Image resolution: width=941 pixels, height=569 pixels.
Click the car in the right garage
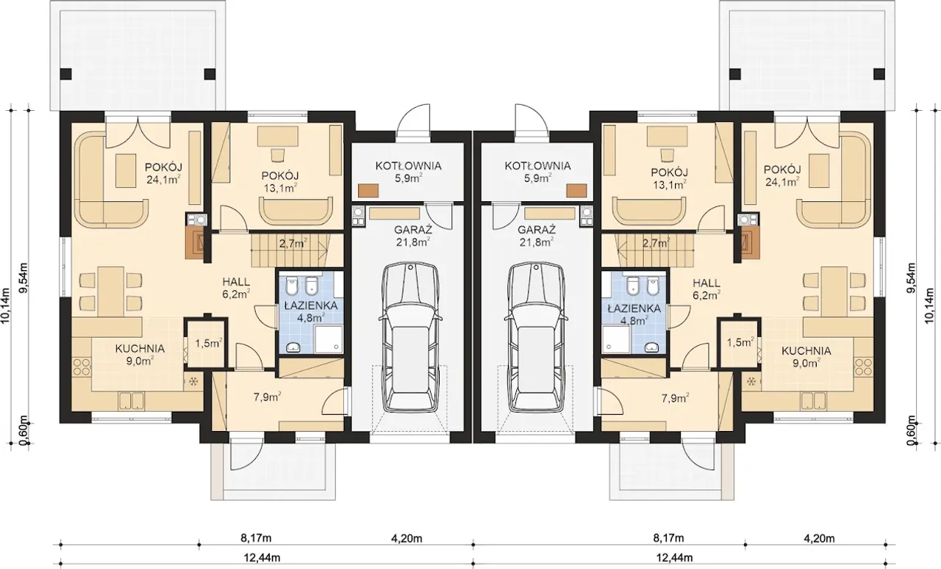(536, 338)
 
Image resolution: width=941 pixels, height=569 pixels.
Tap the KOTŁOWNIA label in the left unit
(408, 166)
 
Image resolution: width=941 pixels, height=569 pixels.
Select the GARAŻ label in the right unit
(537, 230)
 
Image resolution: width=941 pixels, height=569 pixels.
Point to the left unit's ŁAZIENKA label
(311, 306)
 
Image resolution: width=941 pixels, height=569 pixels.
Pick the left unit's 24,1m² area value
(164, 180)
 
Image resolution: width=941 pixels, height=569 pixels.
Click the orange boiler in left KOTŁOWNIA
(368, 191)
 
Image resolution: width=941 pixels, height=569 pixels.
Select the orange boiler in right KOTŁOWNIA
(576, 191)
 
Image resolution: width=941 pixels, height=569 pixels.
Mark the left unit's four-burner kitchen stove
(82, 367)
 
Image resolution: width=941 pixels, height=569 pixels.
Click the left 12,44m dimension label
(262, 558)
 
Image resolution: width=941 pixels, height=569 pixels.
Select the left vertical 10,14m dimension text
(6, 305)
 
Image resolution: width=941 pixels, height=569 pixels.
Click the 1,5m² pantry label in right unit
(740, 342)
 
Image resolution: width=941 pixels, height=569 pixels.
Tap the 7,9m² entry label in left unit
(267, 397)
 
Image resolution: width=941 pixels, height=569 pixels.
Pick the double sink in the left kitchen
(132, 400)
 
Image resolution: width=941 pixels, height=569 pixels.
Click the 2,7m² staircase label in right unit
(656, 242)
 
